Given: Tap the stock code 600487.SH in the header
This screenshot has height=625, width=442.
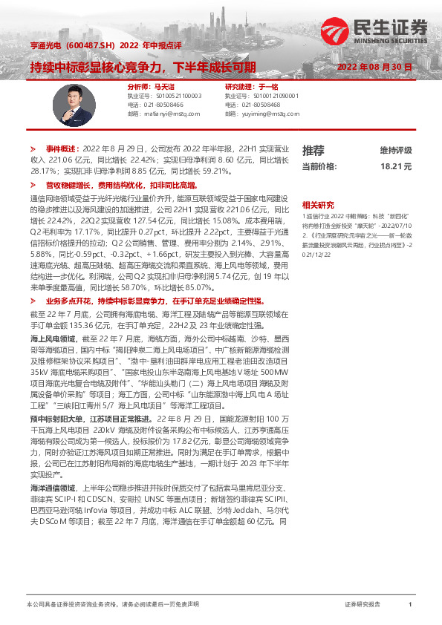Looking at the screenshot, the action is click(x=89, y=45).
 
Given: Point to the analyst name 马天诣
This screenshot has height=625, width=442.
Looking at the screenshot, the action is click(x=163, y=87).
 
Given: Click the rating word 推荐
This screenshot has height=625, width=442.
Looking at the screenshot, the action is click(x=313, y=151).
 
